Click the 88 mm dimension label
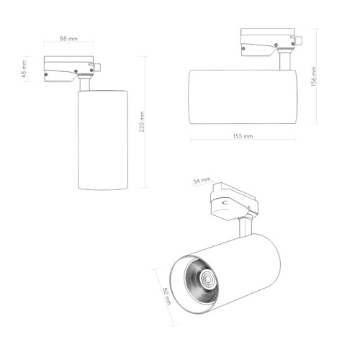(x=68, y=38)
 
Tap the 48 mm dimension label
(x=24, y=70)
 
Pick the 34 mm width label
(x=202, y=181)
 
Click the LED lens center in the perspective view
(x=207, y=279)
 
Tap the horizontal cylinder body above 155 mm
(x=243, y=97)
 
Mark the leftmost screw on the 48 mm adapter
(x=48, y=72)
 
